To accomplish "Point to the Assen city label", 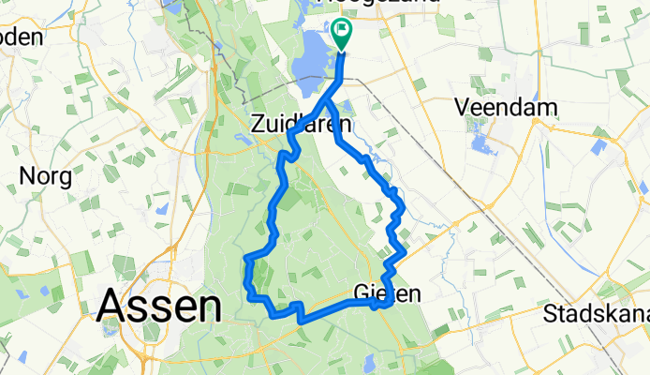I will pos(158,305).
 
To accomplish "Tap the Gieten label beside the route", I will pos(388,293).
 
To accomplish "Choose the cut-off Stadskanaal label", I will pos(596,312).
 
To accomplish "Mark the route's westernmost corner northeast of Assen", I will pos(245,257).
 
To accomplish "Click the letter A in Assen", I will pos(111,306).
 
